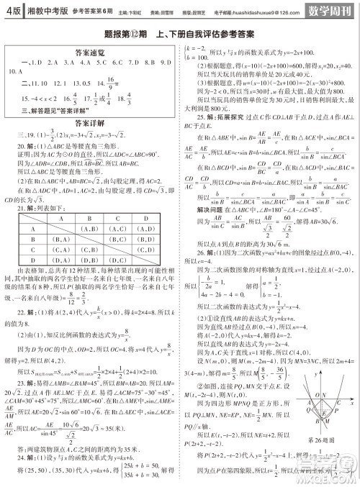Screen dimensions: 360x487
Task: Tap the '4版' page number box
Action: click(x=11, y=11)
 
